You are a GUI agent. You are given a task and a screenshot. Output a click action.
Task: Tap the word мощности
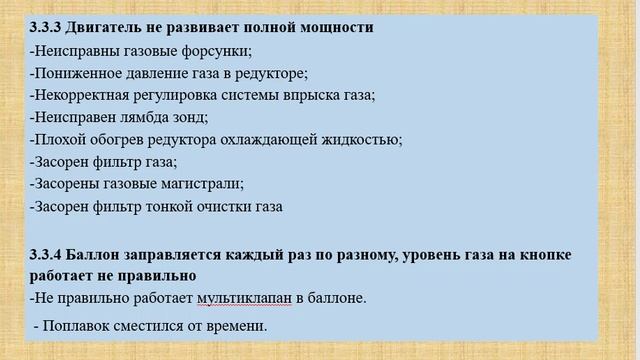coord(332,27)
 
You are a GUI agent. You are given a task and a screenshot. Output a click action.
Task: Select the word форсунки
coord(218,50)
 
